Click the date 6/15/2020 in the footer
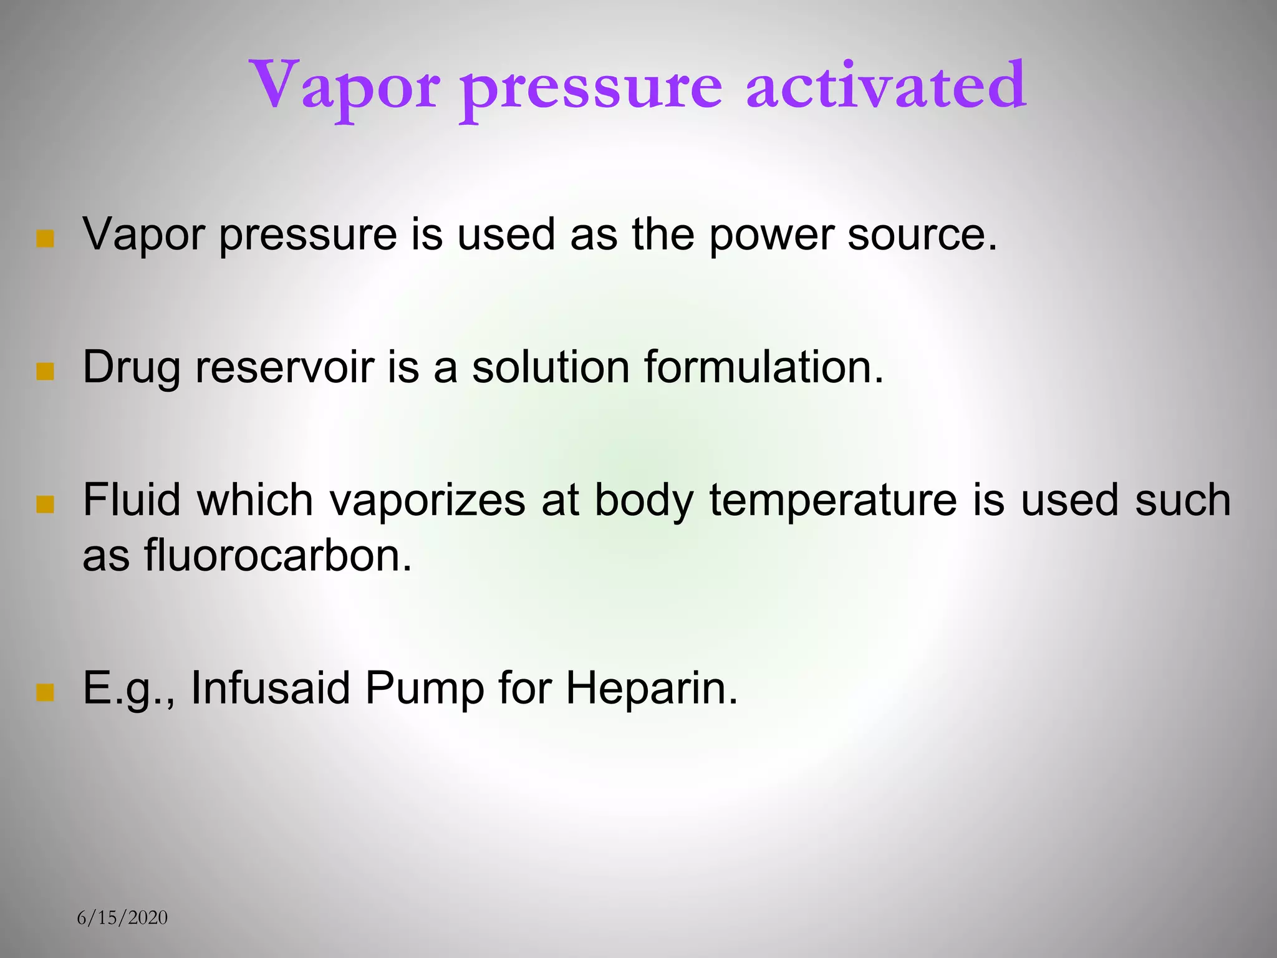(122, 917)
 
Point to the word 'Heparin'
(652, 688)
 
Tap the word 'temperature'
(833, 500)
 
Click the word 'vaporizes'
(428, 500)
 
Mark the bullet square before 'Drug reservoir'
(45, 372)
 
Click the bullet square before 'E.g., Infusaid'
(45, 692)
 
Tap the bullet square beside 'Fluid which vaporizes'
(45, 504)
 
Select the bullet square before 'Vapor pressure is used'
(45, 239)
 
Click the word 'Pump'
(425, 689)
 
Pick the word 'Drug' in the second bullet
(132, 368)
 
